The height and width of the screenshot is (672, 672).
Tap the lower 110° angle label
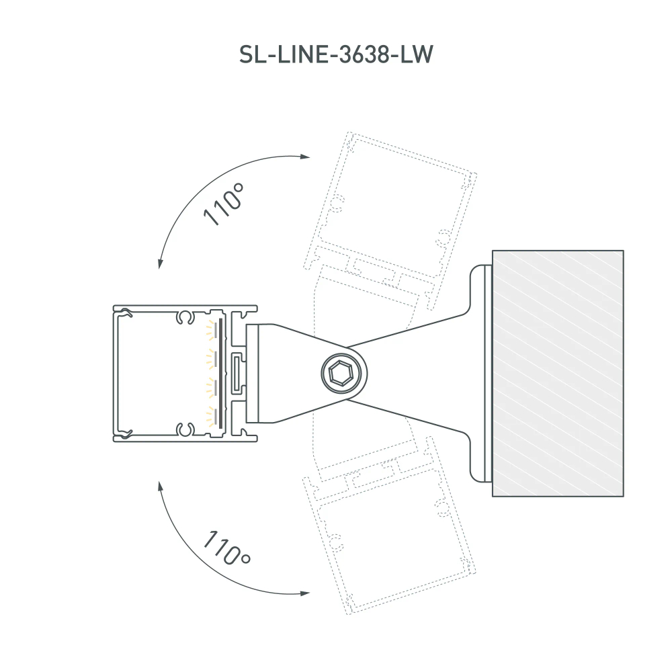click(226, 548)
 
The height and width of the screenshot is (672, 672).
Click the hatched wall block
click(558, 373)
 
